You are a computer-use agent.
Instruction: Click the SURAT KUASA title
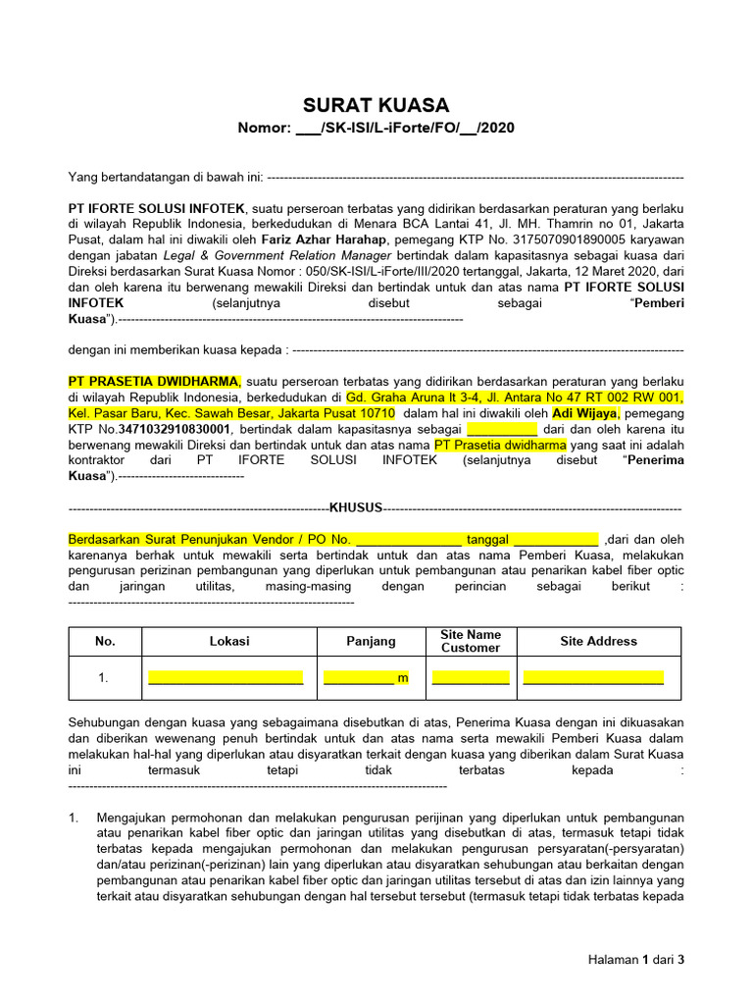pyautogui.click(x=376, y=105)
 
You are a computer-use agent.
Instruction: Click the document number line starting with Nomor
pyautogui.click(x=376, y=129)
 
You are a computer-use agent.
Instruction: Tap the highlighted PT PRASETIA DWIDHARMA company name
pyautogui.click(x=154, y=381)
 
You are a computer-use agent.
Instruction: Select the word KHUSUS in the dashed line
pyautogui.click(x=355, y=508)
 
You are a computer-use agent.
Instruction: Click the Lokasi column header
pyautogui.click(x=229, y=641)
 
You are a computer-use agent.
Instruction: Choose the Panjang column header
pyautogui.click(x=371, y=641)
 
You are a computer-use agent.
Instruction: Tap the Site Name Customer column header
pyautogui.click(x=471, y=641)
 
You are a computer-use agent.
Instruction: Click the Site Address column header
pyautogui.click(x=598, y=641)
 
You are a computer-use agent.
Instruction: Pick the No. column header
pyautogui.click(x=105, y=641)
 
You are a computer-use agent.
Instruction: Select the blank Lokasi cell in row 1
pyautogui.click(x=226, y=678)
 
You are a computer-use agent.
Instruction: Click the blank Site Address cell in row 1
pyautogui.click(x=593, y=678)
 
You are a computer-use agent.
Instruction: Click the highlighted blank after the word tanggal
pyautogui.click(x=555, y=540)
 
